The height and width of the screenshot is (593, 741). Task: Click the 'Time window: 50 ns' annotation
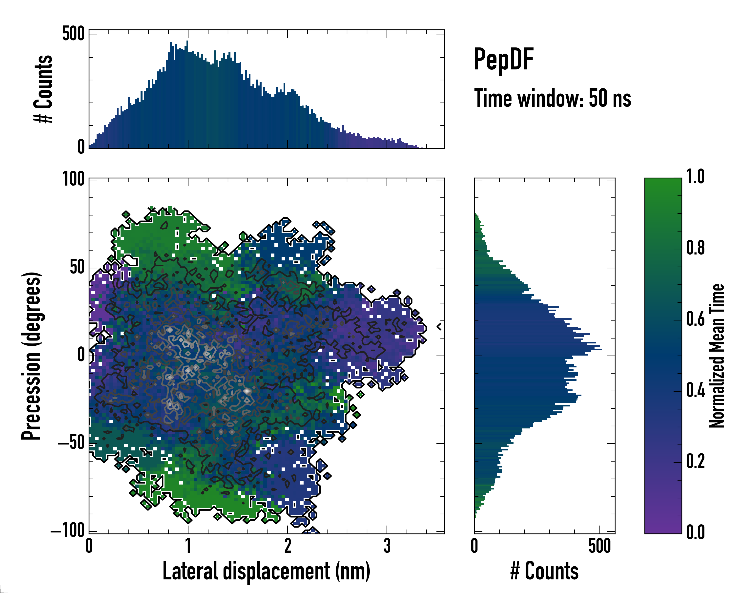[552, 98]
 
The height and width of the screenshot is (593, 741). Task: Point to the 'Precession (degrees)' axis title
[32, 356]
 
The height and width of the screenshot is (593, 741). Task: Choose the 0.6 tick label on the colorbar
[695, 319]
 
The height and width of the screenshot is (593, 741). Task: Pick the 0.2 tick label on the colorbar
[695, 461]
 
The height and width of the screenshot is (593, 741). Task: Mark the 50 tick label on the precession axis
[77, 267]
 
